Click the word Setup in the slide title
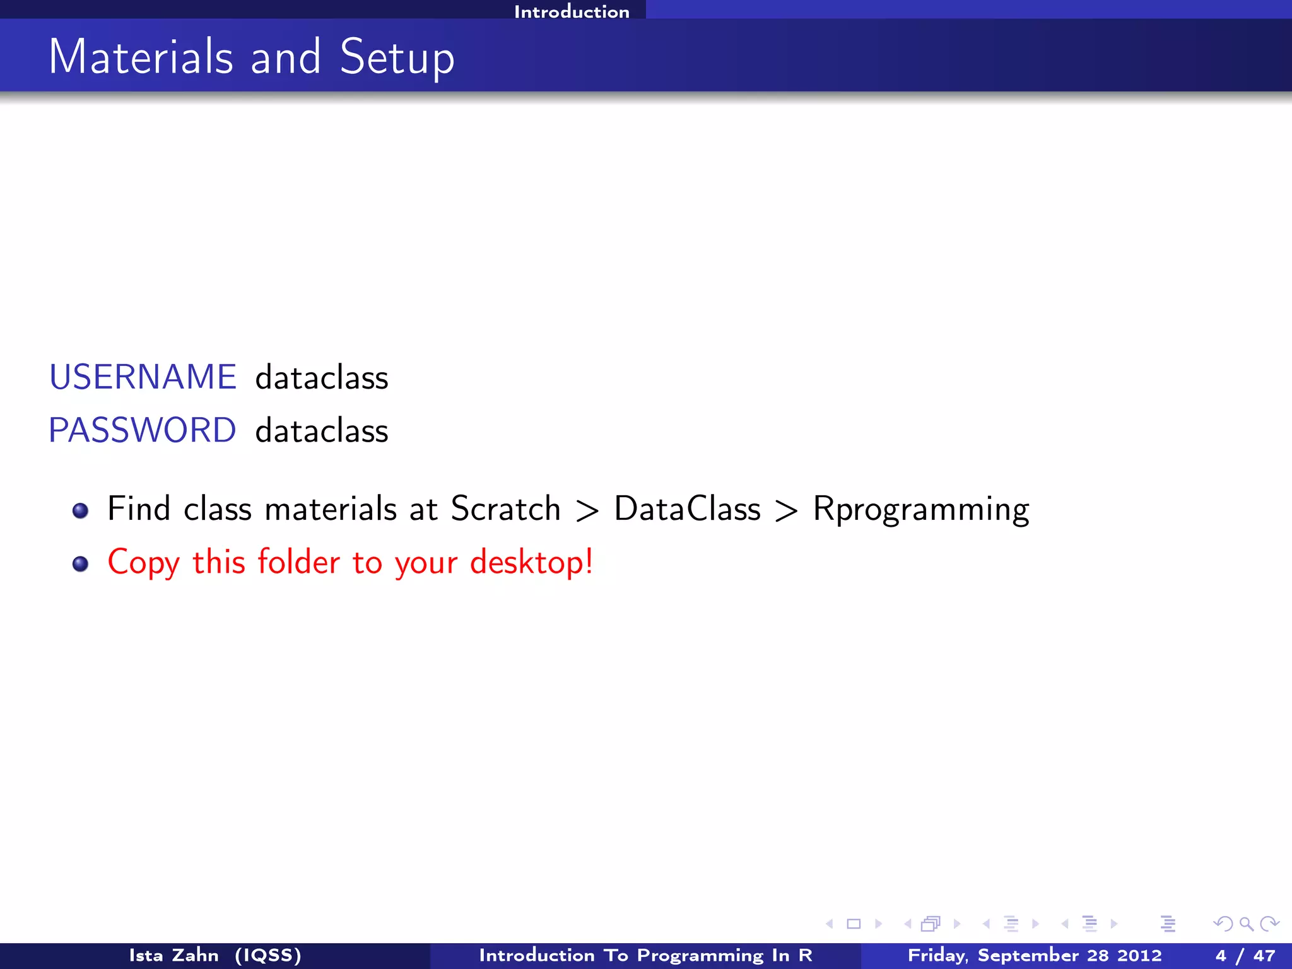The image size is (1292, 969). pos(397,58)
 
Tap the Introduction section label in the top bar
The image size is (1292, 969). pos(572,11)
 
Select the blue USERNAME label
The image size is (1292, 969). pos(143,377)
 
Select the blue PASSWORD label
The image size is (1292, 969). pos(143,431)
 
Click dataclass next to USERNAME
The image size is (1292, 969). pos(322,378)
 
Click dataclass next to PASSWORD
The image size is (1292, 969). pos(322,432)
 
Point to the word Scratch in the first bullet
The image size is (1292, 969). pos(505,508)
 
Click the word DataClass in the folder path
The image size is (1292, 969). pos(687,508)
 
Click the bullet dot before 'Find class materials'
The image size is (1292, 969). pos(80,510)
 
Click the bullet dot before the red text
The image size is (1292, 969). pos(80,563)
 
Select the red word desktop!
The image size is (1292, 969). pos(531,562)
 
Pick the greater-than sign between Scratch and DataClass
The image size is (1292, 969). pos(587,510)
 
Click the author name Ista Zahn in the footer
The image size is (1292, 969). pos(173,955)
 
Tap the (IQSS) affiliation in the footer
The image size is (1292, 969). pos(268,955)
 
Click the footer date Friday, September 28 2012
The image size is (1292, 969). pos(1034,955)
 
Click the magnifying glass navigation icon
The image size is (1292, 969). pos(1246,924)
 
